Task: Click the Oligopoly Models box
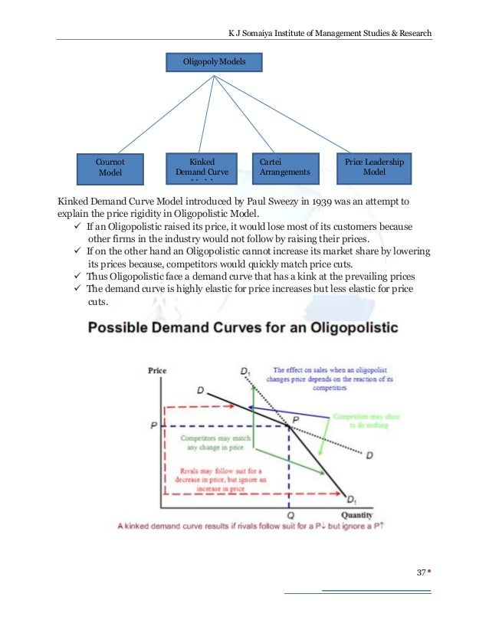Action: (215, 61)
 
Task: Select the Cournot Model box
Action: (110, 168)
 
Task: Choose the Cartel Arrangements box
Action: (285, 168)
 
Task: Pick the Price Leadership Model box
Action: (374, 168)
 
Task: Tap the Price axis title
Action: (156, 371)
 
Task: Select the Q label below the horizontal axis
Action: (288, 515)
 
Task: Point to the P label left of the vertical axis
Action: (155, 425)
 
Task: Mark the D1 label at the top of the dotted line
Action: (245, 372)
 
